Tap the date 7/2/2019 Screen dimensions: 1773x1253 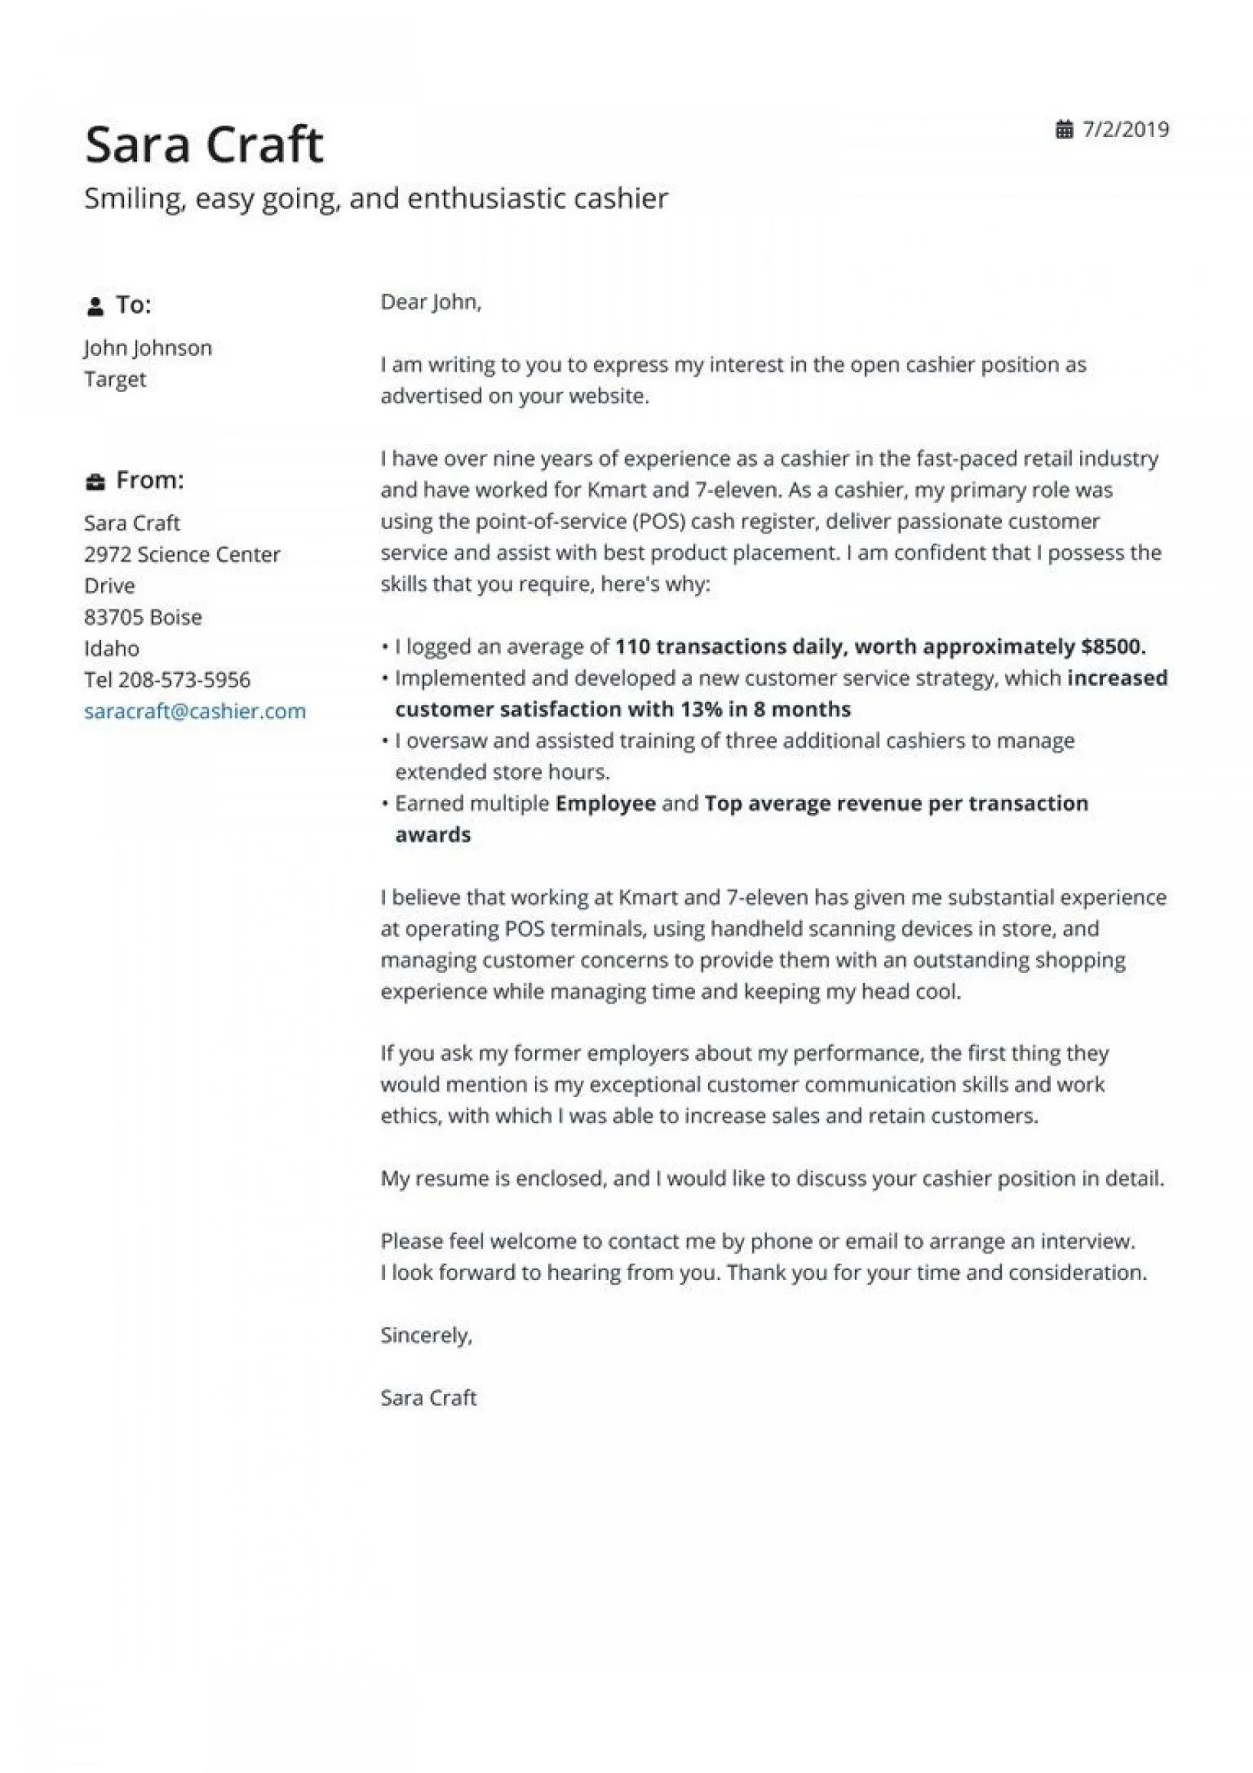point(1125,129)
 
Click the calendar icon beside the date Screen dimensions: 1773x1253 point(1064,130)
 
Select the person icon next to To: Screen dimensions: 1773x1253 point(95,307)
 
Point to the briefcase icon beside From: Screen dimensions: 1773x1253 point(95,482)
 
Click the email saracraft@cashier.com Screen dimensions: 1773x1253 point(195,711)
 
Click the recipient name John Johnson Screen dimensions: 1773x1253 point(147,348)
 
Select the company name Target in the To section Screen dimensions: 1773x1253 point(114,379)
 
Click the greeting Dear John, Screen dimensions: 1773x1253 point(430,302)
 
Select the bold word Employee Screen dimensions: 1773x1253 point(605,803)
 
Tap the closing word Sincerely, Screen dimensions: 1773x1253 point(425,1335)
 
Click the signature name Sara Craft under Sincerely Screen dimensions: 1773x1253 point(428,1397)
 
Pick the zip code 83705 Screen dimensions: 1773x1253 point(114,617)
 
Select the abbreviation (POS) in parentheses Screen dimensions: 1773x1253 point(658,522)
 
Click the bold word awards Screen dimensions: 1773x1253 point(433,835)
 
